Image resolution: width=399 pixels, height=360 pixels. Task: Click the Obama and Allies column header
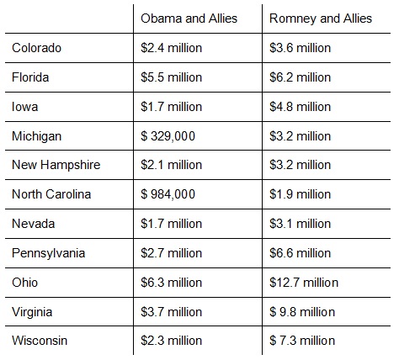coord(189,19)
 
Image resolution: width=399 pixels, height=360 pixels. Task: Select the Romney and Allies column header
coord(321,19)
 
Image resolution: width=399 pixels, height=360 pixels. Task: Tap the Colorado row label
coord(36,48)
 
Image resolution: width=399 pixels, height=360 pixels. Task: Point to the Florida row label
coord(30,77)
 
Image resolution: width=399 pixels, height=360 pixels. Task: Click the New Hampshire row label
coord(56,165)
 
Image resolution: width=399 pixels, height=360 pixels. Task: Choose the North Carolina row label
coord(51,194)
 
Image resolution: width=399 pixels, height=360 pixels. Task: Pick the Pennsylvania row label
coord(49,253)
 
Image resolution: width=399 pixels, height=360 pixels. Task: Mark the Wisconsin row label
coord(40,341)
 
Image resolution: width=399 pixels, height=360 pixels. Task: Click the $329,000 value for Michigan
coord(168,136)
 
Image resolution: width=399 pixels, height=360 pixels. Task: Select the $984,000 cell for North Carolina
coord(168,194)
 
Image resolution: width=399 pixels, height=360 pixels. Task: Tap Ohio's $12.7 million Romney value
coord(304,283)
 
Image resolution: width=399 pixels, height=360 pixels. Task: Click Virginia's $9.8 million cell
coord(302,312)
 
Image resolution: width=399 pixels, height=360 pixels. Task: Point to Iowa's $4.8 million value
coord(300,107)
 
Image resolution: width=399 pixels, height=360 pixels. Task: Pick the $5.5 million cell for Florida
coord(171,77)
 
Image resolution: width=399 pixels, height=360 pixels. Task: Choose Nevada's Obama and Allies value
coord(171,224)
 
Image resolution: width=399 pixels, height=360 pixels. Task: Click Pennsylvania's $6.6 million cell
coord(300,253)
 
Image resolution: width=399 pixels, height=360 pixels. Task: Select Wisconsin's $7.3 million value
coord(302,341)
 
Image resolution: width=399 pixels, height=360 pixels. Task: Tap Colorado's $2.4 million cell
coord(171,48)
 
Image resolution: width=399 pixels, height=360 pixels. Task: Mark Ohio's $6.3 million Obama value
coord(171,283)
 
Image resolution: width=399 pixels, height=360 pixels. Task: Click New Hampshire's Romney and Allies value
coord(300,165)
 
